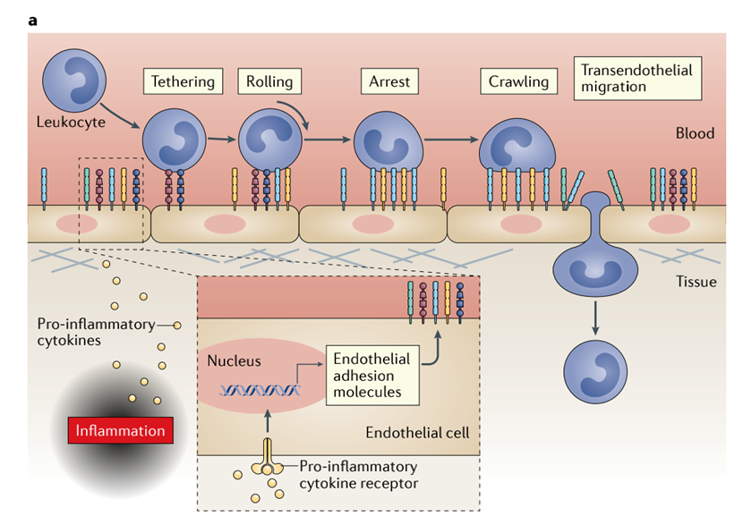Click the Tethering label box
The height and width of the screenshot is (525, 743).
(183, 81)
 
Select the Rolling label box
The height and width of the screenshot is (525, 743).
(269, 81)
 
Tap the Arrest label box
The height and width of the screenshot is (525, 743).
(389, 81)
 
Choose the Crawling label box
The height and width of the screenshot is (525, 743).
(518, 81)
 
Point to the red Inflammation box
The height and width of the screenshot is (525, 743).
(120, 430)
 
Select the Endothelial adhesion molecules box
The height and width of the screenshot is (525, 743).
(371, 375)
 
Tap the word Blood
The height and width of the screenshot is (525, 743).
(695, 133)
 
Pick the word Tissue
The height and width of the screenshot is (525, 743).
(695, 283)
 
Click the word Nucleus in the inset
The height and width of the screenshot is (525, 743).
(234, 361)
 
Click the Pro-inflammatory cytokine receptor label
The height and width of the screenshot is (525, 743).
(358, 475)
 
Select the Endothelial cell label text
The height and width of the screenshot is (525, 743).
(417, 433)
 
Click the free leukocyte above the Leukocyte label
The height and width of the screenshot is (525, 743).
(68, 79)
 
